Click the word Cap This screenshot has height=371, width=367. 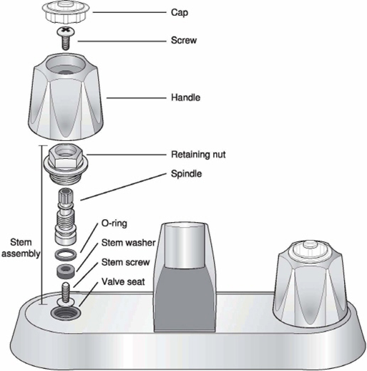click(180, 13)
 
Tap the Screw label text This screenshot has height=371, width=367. click(184, 40)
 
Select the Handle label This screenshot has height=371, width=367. click(185, 97)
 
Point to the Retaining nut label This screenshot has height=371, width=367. click(198, 155)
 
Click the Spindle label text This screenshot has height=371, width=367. click(186, 173)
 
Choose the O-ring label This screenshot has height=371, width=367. click(114, 223)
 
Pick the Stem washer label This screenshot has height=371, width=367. click(129, 243)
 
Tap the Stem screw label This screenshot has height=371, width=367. click(125, 262)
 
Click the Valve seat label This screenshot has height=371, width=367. click(123, 281)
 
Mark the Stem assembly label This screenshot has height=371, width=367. click(21, 248)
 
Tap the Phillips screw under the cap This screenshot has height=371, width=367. click(66, 38)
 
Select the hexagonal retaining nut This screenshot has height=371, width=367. click(66, 163)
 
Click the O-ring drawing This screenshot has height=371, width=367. click(66, 254)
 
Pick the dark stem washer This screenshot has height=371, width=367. click(66, 271)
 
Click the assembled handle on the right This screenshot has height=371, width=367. click(310, 284)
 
